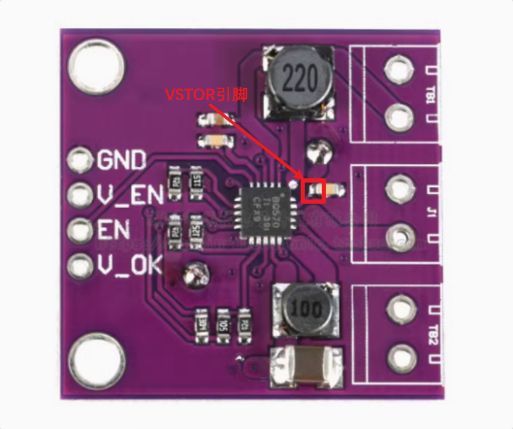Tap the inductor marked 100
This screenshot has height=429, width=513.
(x=305, y=309)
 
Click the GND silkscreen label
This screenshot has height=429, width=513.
(x=121, y=160)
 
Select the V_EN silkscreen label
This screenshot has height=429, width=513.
(x=130, y=195)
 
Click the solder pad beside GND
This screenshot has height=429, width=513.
(x=79, y=160)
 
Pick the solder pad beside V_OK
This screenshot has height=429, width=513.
(x=79, y=266)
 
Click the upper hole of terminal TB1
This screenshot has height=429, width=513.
(x=398, y=70)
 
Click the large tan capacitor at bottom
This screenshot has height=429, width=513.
(x=307, y=367)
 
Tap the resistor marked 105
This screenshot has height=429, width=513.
(x=223, y=322)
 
